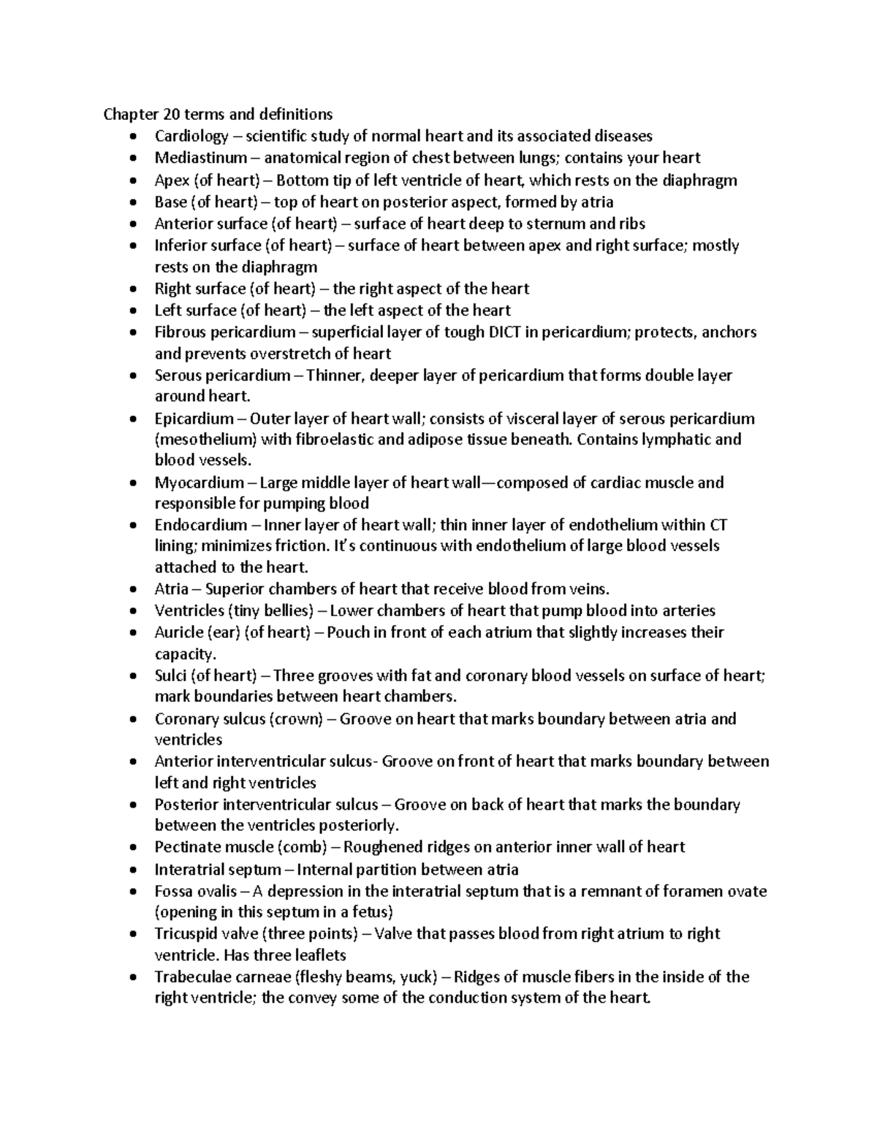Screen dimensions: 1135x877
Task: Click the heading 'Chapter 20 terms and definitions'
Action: [217, 115]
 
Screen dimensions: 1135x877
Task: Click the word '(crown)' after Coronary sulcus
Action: [296, 718]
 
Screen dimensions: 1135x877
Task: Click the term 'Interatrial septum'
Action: [217, 870]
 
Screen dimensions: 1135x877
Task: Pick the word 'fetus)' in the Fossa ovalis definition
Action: [371, 911]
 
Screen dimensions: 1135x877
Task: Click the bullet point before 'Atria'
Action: [132, 590]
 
